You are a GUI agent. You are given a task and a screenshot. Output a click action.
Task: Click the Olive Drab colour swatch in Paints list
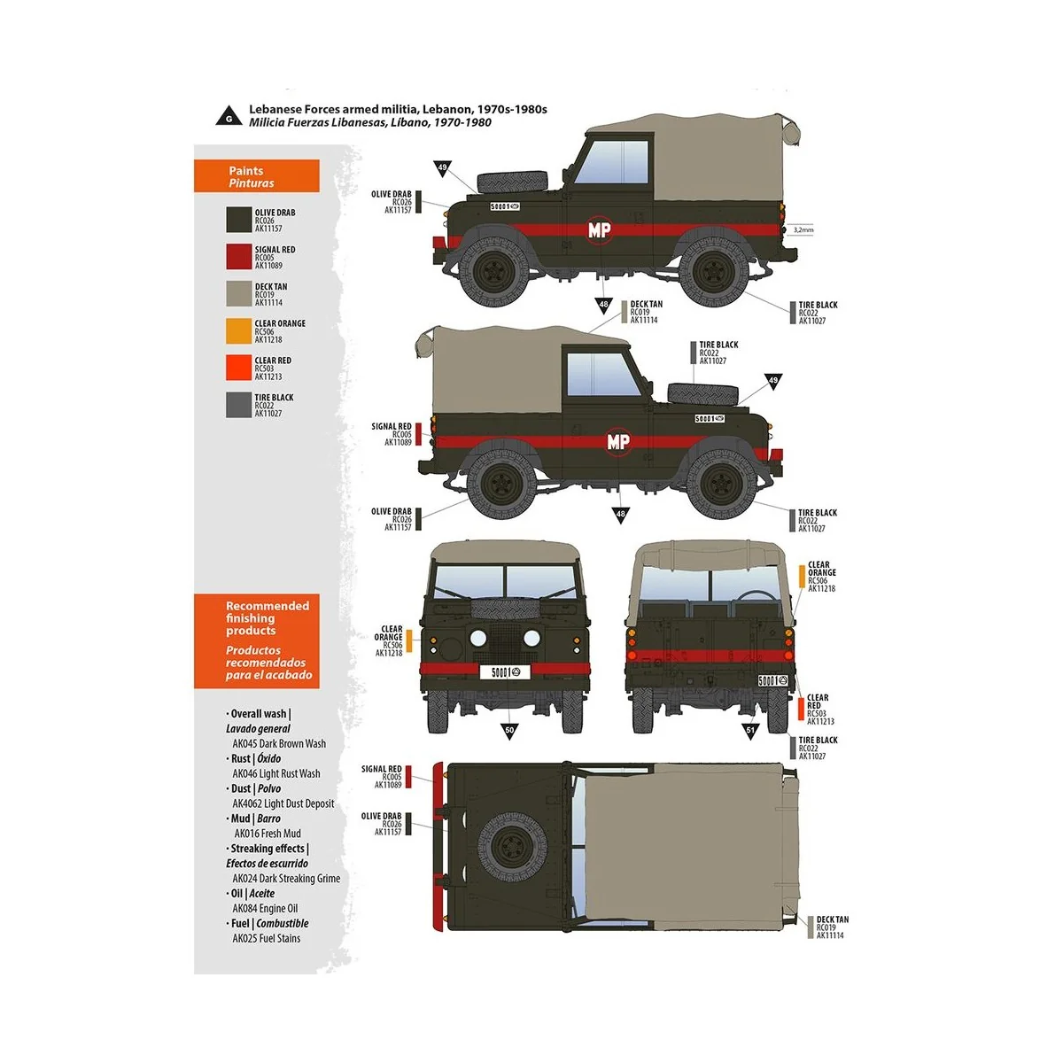pos(238,220)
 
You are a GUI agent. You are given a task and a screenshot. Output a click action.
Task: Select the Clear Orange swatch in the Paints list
pos(238,330)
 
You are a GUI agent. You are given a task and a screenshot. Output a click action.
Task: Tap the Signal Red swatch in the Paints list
pos(238,257)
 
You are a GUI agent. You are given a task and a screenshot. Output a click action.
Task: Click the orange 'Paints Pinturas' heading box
pos(257,176)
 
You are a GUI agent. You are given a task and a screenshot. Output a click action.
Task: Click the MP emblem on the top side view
pos(600,230)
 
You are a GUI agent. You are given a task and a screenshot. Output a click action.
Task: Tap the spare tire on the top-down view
pos(512,848)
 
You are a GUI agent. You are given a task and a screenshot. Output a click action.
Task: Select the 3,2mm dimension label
pos(803,230)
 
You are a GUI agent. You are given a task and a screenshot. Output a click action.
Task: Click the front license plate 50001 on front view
pos(509,672)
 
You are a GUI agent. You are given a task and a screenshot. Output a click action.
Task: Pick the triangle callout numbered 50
pos(509,730)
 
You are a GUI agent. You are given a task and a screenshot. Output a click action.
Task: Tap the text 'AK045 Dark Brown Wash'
pos(279,744)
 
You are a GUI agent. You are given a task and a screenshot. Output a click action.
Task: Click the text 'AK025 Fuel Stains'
pos(267,938)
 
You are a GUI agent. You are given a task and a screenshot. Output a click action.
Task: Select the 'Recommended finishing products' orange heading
pos(257,640)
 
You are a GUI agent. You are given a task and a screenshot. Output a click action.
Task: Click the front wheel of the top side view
pos(493,269)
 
